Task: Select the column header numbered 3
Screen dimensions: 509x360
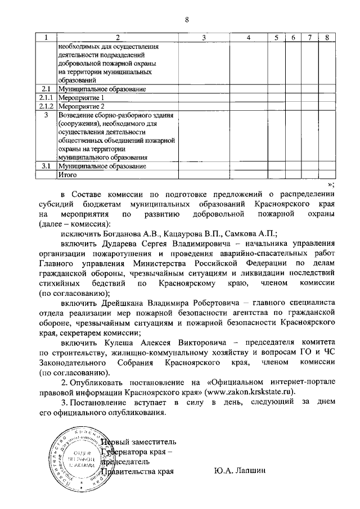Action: (204, 38)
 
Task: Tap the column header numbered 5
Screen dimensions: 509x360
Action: (276, 38)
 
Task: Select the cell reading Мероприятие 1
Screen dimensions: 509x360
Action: (82, 97)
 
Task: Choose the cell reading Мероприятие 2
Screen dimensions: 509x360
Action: (82, 106)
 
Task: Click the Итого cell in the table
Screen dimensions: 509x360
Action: (67, 175)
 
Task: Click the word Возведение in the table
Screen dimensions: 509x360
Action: (78, 115)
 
